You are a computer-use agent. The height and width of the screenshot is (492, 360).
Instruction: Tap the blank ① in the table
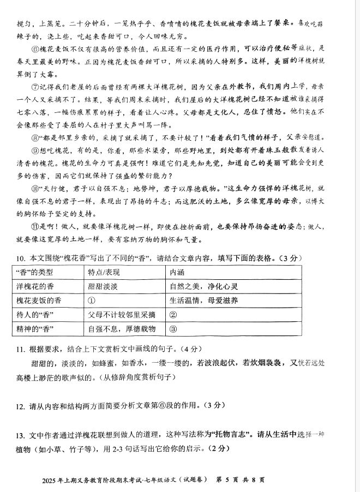point(91,300)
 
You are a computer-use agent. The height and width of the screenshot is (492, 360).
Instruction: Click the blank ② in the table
point(173,314)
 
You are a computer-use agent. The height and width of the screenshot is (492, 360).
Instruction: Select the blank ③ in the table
point(173,328)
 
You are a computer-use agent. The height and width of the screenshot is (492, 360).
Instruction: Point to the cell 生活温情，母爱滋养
point(203,300)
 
